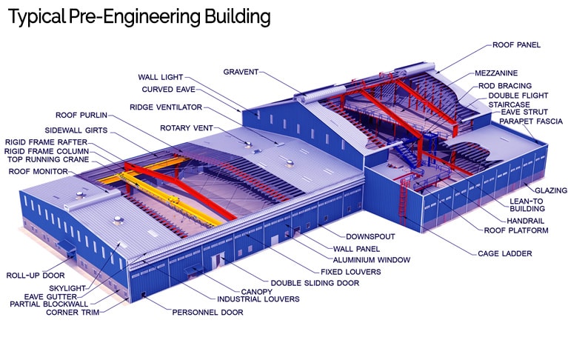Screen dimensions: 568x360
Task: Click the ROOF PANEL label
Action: tap(516, 45)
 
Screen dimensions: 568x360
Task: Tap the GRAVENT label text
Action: tap(241, 72)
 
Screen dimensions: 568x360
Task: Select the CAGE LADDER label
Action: tap(504, 253)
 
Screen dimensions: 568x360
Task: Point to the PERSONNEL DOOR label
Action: tap(207, 312)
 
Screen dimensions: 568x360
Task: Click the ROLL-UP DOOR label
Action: tap(36, 276)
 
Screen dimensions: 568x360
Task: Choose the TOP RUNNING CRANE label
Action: tap(48, 159)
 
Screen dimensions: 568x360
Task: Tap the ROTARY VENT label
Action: tap(187, 128)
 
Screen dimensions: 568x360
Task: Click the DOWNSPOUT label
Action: tap(370, 236)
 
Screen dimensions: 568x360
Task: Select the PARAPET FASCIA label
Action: tap(531, 121)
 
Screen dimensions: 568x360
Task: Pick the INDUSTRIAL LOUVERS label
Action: tap(258, 299)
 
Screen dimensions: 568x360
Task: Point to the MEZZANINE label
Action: tap(496, 73)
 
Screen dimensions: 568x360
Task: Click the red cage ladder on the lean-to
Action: tap(404, 201)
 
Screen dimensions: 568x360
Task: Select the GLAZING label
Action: tap(551, 190)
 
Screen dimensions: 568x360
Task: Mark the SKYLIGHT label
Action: tap(67, 288)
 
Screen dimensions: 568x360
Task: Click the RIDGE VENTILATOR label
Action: tap(166, 107)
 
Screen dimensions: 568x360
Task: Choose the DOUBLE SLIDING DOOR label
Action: tap(315, 283)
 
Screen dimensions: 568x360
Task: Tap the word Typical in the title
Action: tap(36, 17)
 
